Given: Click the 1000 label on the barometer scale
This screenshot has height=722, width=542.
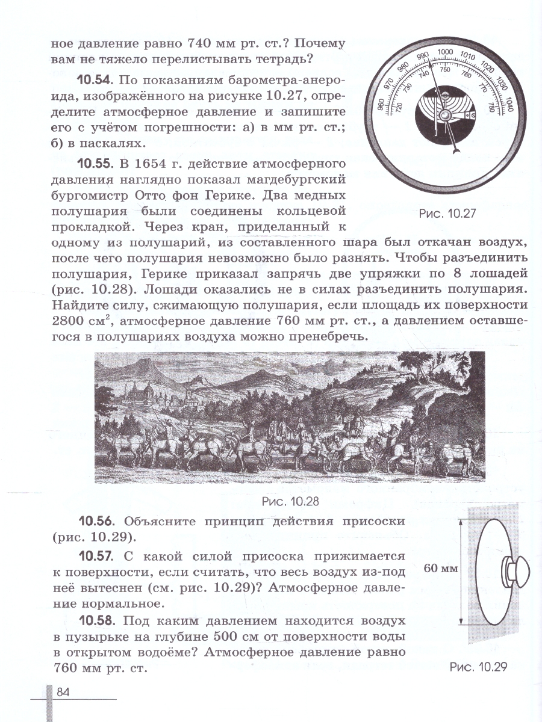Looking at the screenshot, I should coord(444,53).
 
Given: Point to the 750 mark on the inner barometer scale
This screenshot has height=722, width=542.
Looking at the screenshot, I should coord(445,70).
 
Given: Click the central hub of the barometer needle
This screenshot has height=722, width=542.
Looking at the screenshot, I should coord(444,114).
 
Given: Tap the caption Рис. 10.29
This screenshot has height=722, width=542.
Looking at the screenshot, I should coord(479,666).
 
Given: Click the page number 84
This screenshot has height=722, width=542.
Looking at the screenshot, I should coord(64,692).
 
